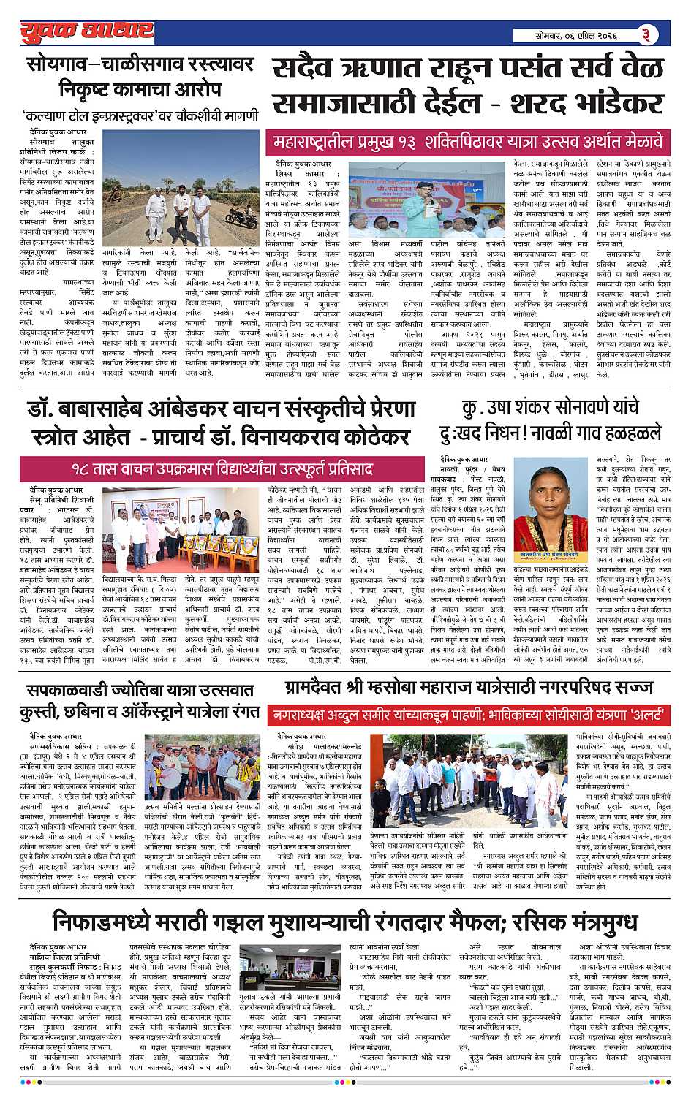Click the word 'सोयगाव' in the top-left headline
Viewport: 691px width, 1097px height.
(67, 64)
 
